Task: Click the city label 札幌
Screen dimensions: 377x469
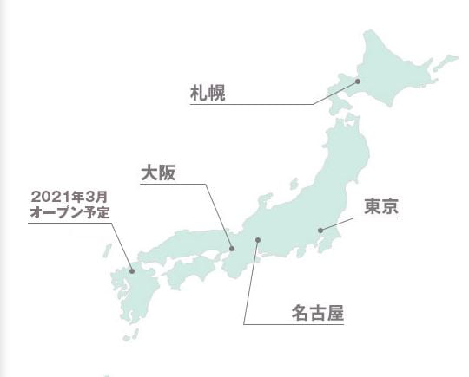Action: pos(208,93)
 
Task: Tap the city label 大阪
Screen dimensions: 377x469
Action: pos(159,172)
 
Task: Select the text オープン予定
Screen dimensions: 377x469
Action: pos(69,211)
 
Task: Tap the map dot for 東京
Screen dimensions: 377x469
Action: pos(320,230)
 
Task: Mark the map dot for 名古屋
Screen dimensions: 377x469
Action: pos(257,240)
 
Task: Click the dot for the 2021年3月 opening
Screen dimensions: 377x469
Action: pos(132,272)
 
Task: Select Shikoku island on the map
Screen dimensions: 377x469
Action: pos(193,273)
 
